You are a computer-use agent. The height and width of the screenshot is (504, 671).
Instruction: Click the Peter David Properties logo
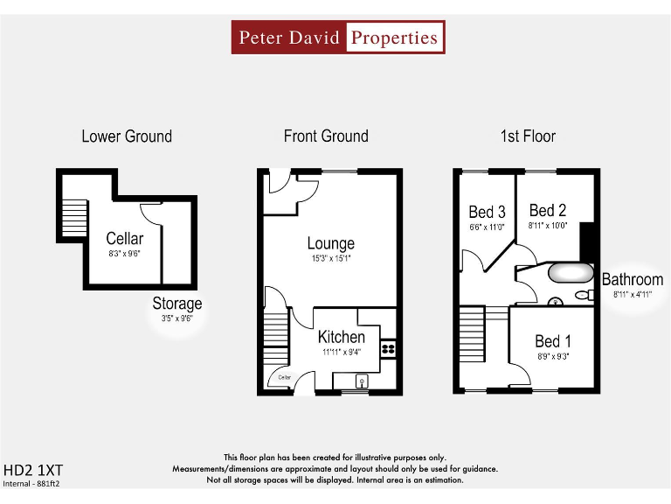[338, 38]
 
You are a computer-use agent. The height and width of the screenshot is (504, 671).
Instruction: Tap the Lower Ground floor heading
[127, 136]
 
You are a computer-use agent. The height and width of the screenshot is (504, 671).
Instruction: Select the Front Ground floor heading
[326, 136]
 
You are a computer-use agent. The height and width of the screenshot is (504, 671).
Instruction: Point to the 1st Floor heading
[528, 136]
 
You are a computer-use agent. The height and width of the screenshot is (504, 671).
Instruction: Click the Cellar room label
[124, 239]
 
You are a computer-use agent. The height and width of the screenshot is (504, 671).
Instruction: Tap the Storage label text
[177, 304]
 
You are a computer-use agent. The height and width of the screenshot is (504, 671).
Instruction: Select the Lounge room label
[330, 243]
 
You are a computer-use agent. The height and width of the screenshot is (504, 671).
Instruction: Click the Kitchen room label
[341, 337]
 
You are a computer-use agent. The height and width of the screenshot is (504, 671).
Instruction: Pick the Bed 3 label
[487, 212]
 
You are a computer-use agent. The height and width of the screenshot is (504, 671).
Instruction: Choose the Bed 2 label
[548, 210]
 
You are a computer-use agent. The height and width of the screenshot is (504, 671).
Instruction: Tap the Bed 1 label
[553, 341]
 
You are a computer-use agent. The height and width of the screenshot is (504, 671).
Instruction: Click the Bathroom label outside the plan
[633, 280]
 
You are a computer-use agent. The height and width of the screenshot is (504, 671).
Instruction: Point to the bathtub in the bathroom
[570, 273]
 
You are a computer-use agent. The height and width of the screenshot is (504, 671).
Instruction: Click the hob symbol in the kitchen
[389, 347]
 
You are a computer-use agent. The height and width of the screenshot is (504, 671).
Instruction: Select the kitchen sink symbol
[362, 381]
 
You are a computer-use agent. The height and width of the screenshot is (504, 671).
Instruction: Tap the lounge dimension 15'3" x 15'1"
[330, 259]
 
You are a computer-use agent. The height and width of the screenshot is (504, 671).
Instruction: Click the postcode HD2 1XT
[28, 469]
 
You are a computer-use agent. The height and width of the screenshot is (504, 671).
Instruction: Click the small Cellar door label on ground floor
[285, 378]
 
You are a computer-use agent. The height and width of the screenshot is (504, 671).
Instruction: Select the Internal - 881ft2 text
[31, 483]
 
